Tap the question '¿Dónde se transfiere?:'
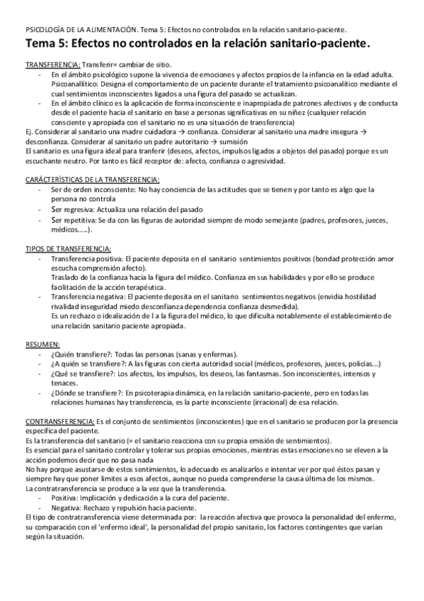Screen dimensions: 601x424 (84, 392)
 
